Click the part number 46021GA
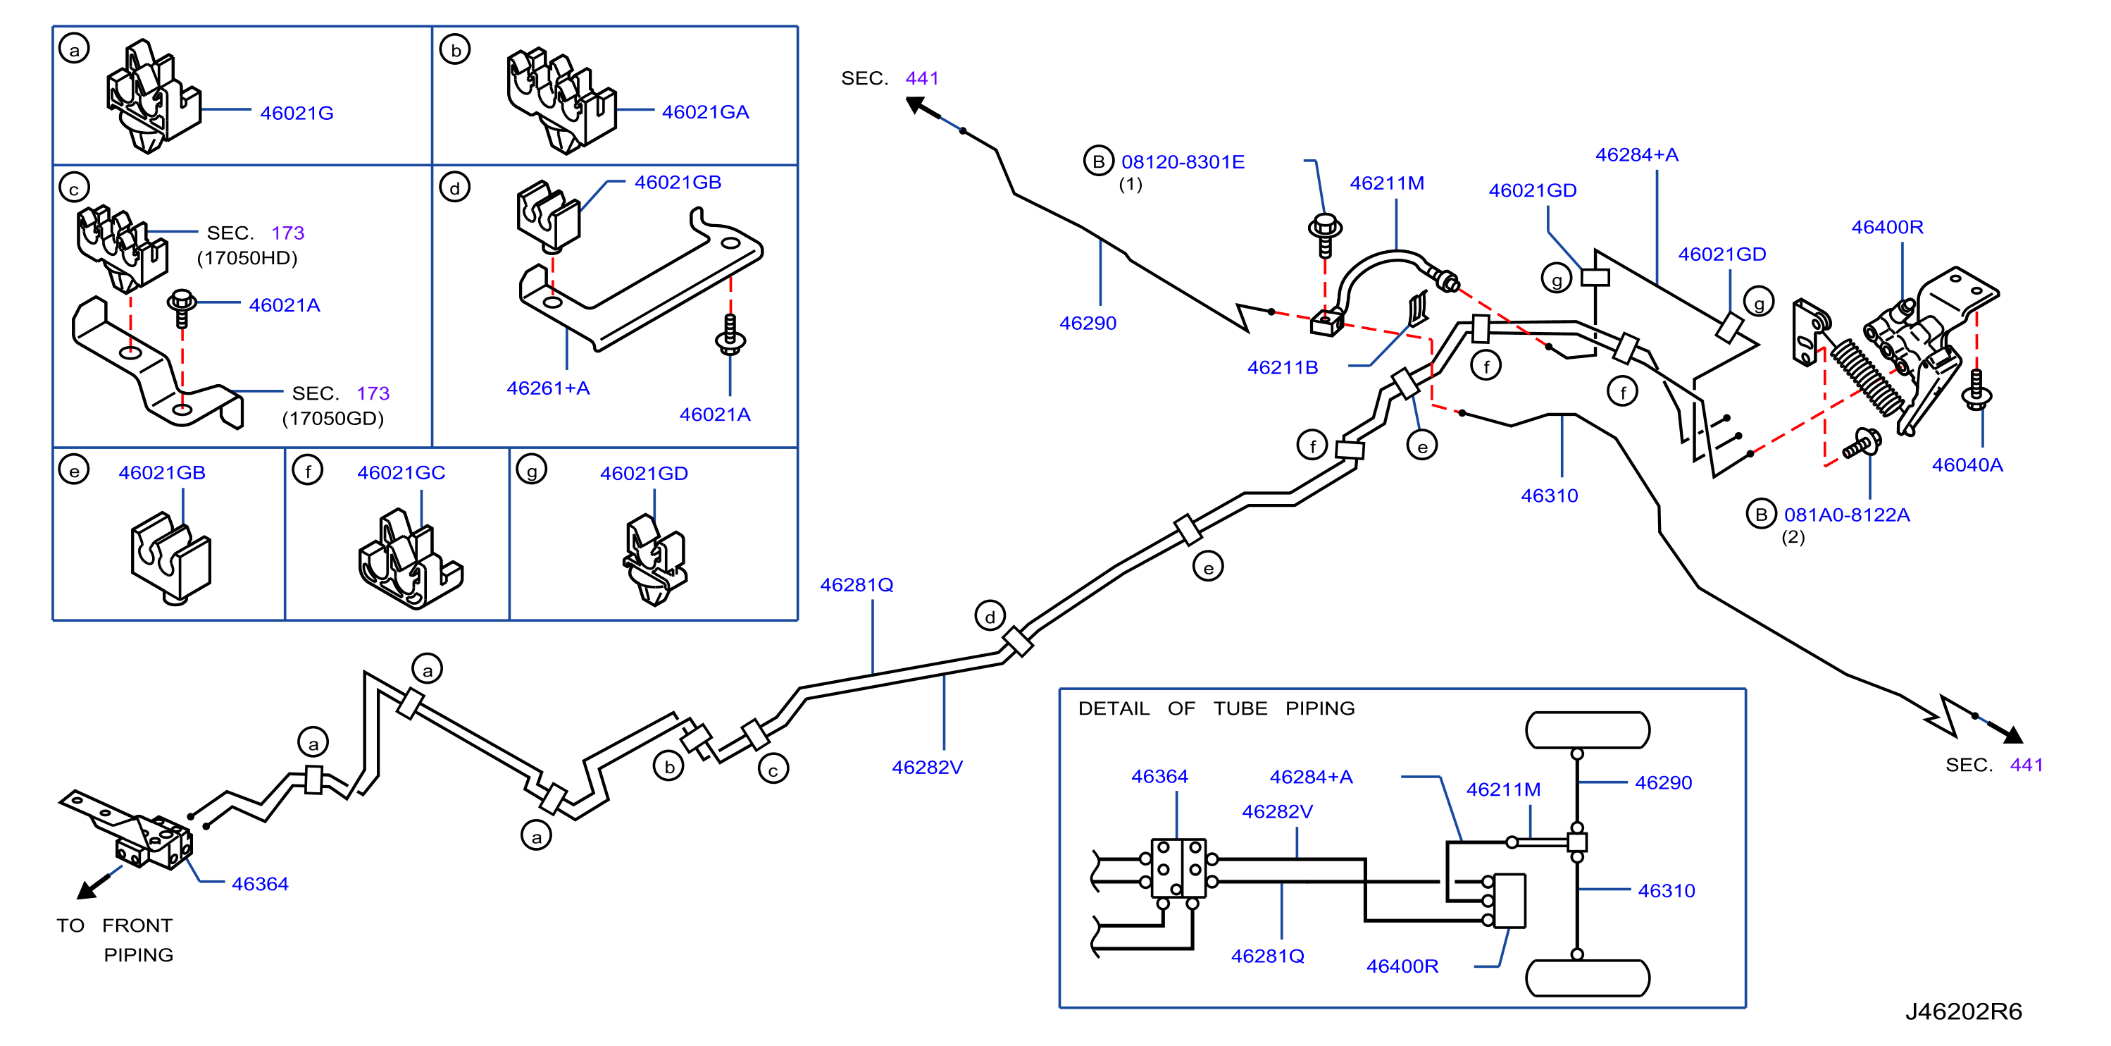[705, 112]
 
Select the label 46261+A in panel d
[548, 388]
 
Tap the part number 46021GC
[401, 473]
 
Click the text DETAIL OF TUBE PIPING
[1216, 708]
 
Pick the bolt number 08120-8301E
[1183, 162]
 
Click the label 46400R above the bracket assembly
[1887, 227]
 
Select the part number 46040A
[1967, 464]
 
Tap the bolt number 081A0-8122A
[1846, 515]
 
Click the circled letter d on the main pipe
[990, 617]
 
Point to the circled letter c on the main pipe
[773, 770]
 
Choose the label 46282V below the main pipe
[927, 768]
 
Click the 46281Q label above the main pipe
[857, 585]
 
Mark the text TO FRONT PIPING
[115, 940]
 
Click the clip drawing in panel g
[654, 560]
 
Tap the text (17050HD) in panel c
[247, 258]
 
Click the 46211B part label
[1283, 367]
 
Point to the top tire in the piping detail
[1588, 730]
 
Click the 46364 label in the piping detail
[1159, 776]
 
